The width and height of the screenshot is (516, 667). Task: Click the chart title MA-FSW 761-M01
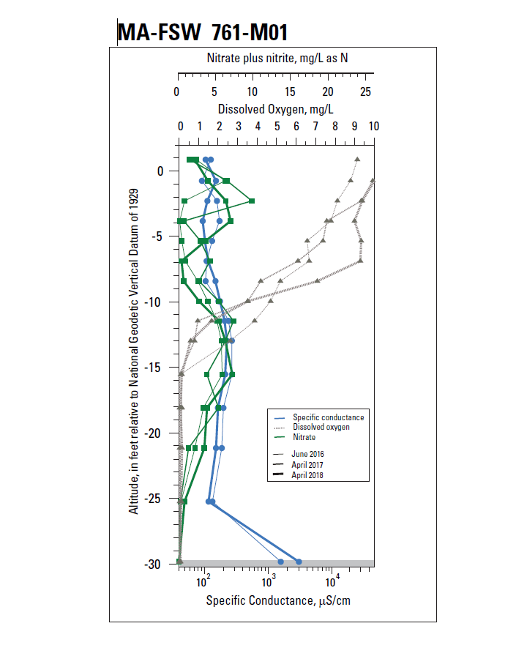click(x=202, y=32)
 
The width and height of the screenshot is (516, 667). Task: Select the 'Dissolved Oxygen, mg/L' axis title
click(x=275, y=108)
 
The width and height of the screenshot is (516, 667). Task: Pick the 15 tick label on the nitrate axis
click(x=291, y=92)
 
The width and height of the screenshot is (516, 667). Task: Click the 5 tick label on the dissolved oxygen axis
click(x=277, y=125)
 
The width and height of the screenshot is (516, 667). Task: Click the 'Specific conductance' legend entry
click(x=328, y=417)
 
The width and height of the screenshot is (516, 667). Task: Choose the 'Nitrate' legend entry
click(x=304, y=437)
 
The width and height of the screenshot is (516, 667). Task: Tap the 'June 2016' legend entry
click(x=307, y=454)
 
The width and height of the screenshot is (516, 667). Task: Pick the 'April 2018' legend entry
click(x=307, y=475)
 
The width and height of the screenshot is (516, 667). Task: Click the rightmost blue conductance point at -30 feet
click(x=299, y=562)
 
